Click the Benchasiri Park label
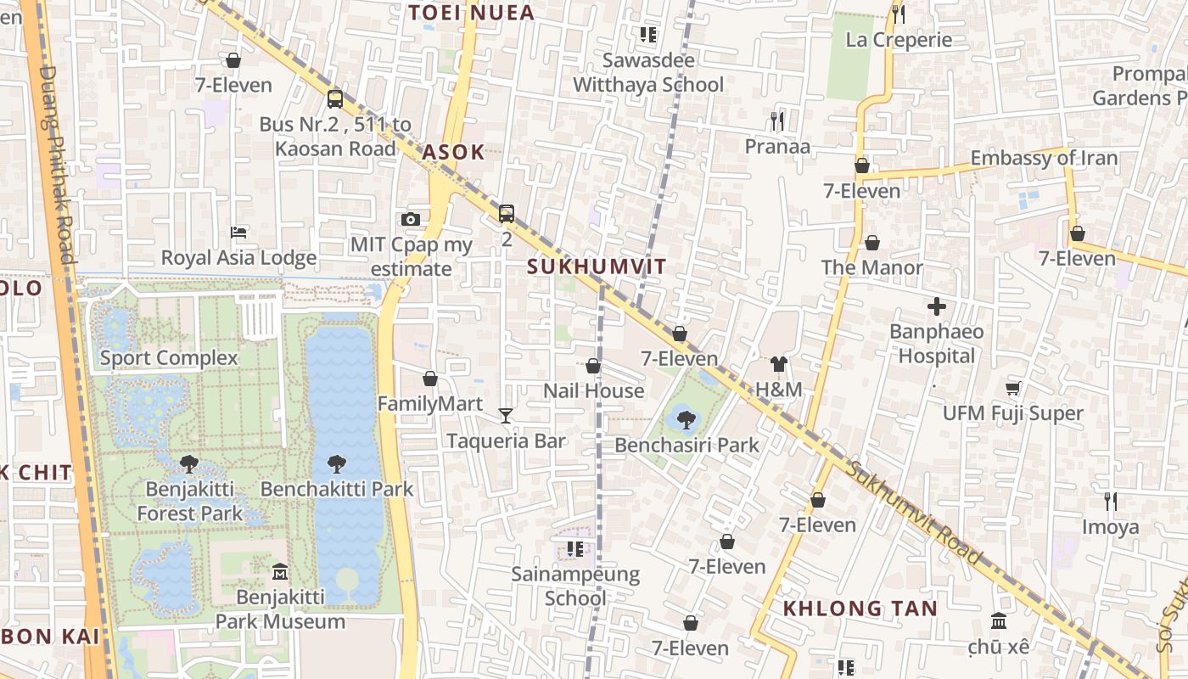(x=686, y=445)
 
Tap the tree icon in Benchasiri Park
(x=686, y=418)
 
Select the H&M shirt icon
(x=778, y=365)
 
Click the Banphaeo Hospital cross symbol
(x=937, y=306)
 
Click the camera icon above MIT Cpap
(x=411, y=219)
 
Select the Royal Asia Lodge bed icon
(x=238, y=233)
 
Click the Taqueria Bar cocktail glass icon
(x=506, y=415)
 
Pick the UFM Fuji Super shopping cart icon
(x=1012, y=388)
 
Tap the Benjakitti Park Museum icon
(x=279, y=572)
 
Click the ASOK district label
(x=453, y=153)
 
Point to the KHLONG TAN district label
(x=860, y=609)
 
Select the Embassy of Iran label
(x=1044, y=158)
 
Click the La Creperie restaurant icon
(x=899, y=14)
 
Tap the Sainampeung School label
(x=575, y=586)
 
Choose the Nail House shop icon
(x=593, y=366)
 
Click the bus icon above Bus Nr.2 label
(x=335, y=98)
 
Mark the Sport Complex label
(x=169, y=357)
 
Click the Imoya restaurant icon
(x=1110, y=502)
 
